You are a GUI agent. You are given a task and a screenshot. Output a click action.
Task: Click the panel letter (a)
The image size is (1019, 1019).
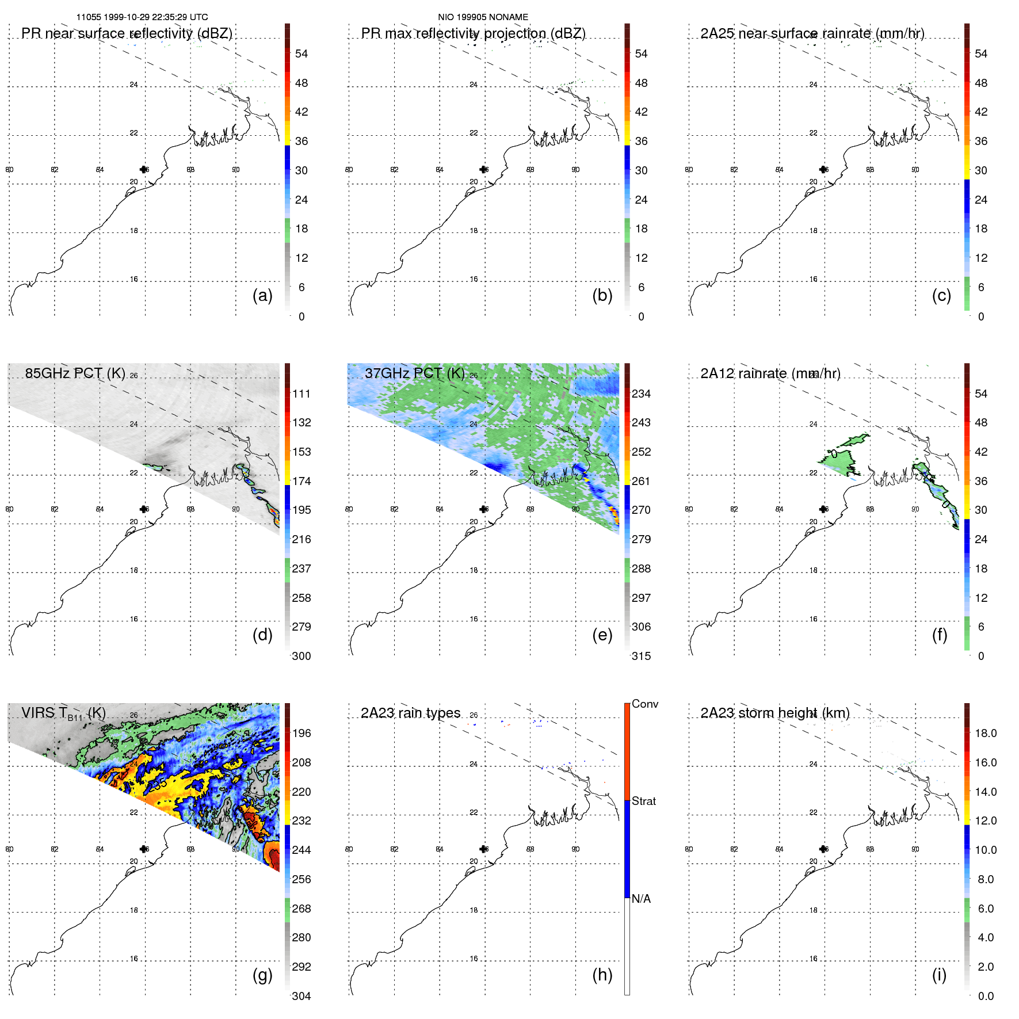(x=262, y=296)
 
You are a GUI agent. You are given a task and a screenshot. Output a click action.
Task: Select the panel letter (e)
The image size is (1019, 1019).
(x=602, y=635)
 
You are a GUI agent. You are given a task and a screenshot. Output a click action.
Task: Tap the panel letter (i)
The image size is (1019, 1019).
(x=939, y=975)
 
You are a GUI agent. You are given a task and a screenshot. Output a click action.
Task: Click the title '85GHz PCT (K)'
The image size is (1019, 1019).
(x=75, y=373)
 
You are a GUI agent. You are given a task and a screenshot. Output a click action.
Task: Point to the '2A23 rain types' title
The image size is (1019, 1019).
(x=410, y=713)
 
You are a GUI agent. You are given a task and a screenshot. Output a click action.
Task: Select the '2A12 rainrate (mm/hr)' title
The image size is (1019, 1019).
(x=770, y=373)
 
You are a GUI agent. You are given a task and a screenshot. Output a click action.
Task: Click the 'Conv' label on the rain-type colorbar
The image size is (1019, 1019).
(x=644, y=704)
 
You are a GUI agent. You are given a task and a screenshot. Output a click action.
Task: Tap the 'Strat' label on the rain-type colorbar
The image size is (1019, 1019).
(x=643, y=802)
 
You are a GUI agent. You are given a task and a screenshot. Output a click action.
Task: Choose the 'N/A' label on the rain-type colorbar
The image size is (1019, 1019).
(x=641, y=899)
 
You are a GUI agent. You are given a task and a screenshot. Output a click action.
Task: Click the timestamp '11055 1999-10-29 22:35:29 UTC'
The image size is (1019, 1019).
(x=142, y=17)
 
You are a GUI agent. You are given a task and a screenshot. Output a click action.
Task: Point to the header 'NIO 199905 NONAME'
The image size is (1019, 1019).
(x=483, y=17)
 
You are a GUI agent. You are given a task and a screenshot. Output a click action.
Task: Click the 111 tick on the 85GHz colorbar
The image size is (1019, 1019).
(x=301, y=394)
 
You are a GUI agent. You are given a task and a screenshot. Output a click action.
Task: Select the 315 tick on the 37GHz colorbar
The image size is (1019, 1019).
(x=641, y=657)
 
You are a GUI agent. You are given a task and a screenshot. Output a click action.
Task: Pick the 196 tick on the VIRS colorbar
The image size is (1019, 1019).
(x=301, y=734)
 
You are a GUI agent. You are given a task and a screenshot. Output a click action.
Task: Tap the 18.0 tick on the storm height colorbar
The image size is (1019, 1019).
(x=986, y=734)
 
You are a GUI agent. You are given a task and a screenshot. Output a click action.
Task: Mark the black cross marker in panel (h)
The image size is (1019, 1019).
(x=483, y=849)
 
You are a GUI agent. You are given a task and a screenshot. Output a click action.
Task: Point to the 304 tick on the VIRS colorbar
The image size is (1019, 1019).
(x=301, y=997)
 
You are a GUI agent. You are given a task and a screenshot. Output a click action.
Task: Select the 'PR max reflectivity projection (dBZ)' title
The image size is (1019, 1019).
(x=473, y=33)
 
